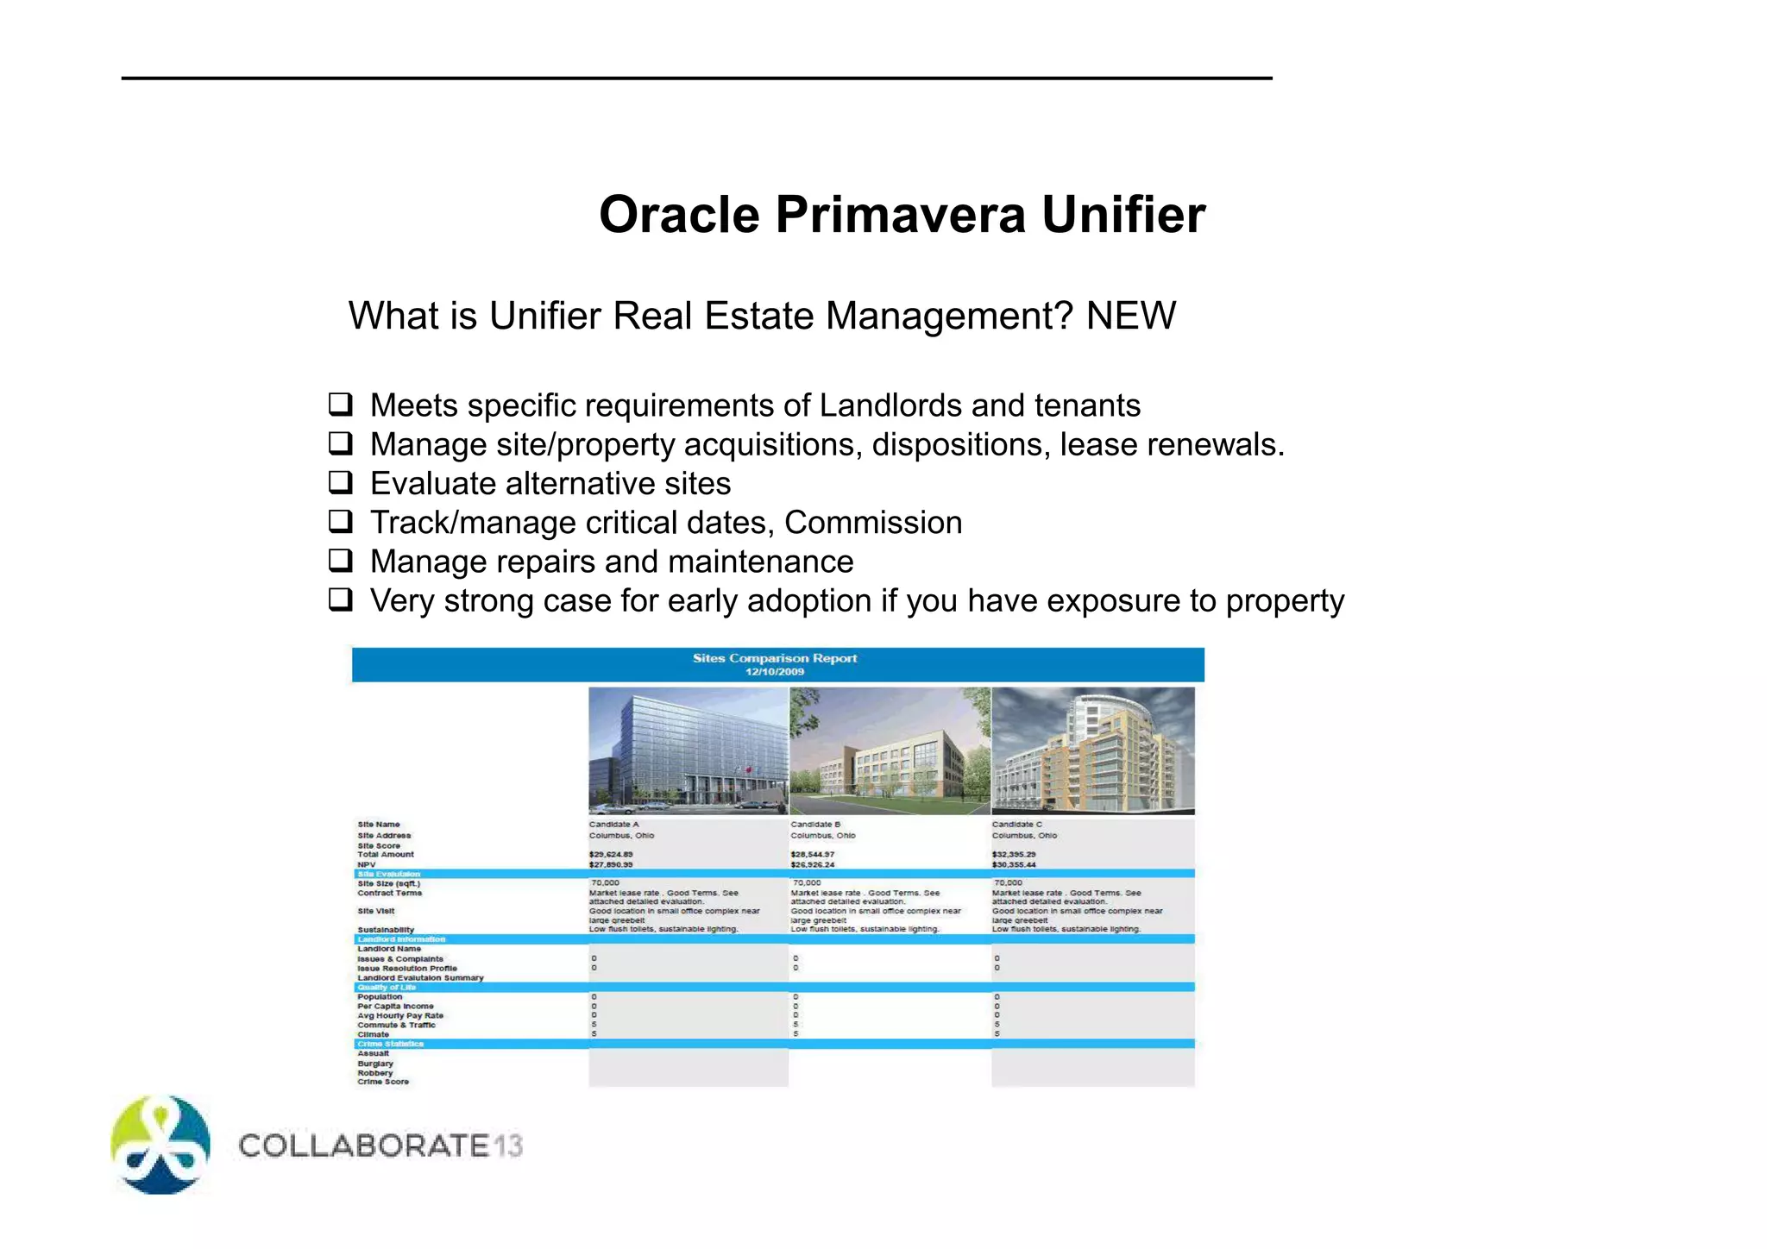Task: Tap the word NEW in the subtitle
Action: point(1130,316)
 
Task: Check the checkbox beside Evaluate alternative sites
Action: point(341,482)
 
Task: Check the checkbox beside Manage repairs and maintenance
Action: point(341,561)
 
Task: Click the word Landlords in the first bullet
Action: point(890,405)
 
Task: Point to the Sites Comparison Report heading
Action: point(774,658)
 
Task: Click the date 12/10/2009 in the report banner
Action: point(774,672)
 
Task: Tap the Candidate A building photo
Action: point(688,750)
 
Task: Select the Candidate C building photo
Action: point(1092,750)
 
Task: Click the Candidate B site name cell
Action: point(815,825)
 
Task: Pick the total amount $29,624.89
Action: point(611,855)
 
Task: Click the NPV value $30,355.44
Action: point(1014,864)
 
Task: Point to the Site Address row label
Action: point(384,835)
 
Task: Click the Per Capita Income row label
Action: point(395,1007)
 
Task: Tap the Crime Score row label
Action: point(383,1082)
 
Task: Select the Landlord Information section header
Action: point(401,939)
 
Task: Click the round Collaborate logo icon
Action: point(160,1145)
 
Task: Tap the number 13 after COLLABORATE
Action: point(508,1145)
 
